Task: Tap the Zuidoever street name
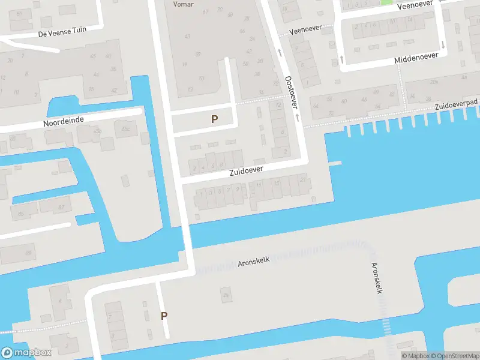point(246,172)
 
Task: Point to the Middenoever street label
point(416,58)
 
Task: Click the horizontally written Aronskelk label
point(254,262)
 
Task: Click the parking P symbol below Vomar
point(214,119)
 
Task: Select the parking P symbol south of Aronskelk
point(164,316)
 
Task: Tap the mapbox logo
point(26,353)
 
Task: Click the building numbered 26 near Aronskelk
point(226,295)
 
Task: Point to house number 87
point(61,208)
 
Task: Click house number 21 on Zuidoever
point(302,180)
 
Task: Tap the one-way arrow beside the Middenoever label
point(443,45)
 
